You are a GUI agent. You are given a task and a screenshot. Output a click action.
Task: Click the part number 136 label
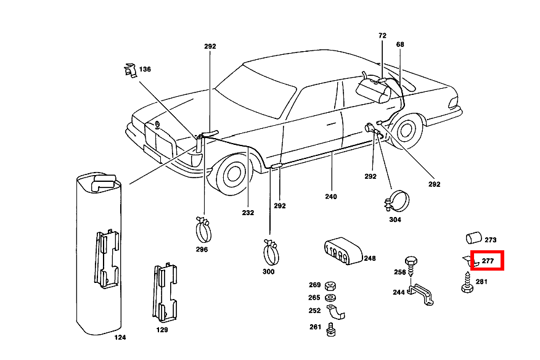click(x=145, y=69)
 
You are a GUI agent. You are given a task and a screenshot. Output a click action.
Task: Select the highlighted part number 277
click(x=488, y=261)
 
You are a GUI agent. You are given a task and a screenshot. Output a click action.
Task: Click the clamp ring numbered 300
click(x=271, y=250)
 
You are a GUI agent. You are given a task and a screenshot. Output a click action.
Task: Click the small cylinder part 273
click(x=473, y=239)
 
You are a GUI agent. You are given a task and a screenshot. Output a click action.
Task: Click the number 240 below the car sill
click(x=331, y=197)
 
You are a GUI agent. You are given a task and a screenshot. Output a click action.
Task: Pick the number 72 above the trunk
click(x=382, y=36)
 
